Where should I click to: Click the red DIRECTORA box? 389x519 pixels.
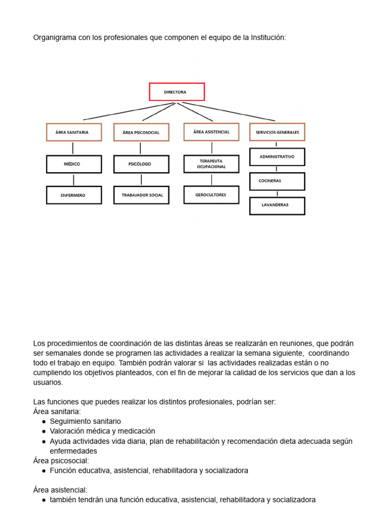coord(177,92)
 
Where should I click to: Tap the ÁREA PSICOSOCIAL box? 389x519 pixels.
coord(141,132)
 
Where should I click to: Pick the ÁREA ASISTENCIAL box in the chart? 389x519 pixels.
coord(211,132)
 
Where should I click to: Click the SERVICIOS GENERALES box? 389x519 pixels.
coord(277,132)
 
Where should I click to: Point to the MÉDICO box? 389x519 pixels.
coord(74,164)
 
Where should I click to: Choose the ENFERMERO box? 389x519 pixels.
coord(74,195)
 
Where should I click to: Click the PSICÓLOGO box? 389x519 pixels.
coord(141,164)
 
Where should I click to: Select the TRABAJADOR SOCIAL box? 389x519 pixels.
coord(141,195)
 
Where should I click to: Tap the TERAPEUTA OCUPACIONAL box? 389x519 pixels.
coord(211,163)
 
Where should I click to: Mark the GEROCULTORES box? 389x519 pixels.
coord(211,195)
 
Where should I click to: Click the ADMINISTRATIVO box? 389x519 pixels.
coord(277,157)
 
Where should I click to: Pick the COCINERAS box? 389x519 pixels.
coord(277,181)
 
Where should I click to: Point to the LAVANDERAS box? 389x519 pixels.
coord(277,205)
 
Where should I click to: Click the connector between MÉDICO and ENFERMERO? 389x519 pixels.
coord(74,180)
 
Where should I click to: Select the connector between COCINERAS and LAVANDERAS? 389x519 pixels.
coord(277,193)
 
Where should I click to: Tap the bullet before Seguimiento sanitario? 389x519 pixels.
coord(45,422)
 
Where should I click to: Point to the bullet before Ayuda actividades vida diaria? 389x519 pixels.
coord(45,441)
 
